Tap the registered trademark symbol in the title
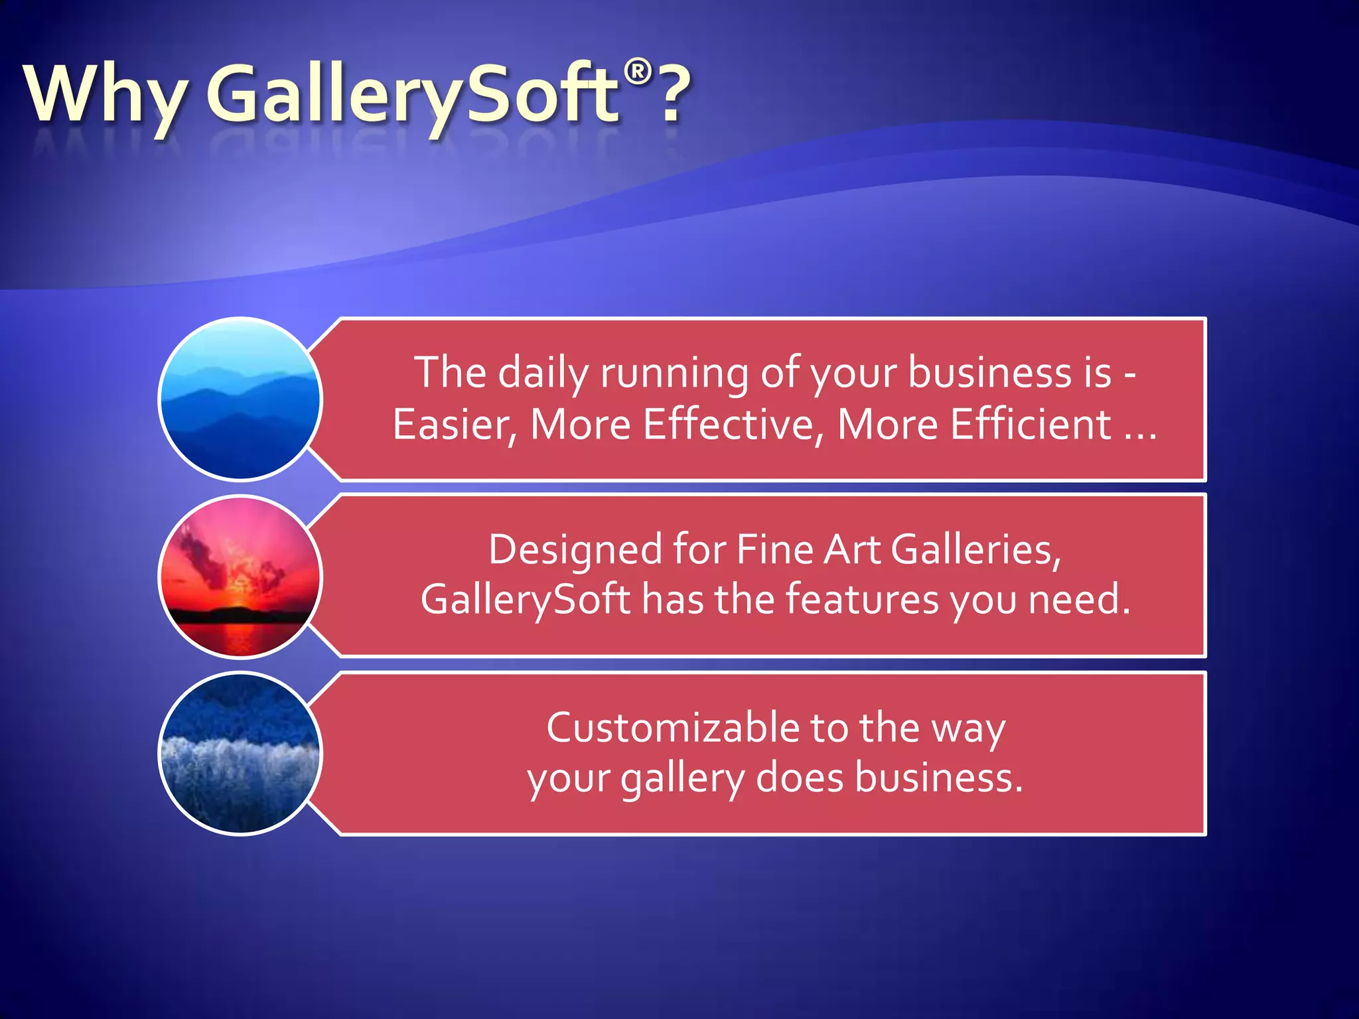click(x=638, y=71)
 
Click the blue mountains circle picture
click(x=240, y=399)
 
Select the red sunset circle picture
click(x=240, y=577)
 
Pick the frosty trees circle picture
click(x=240, y=753)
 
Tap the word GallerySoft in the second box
click(x=525, y=600)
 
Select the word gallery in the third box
click(x=682, y=779)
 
